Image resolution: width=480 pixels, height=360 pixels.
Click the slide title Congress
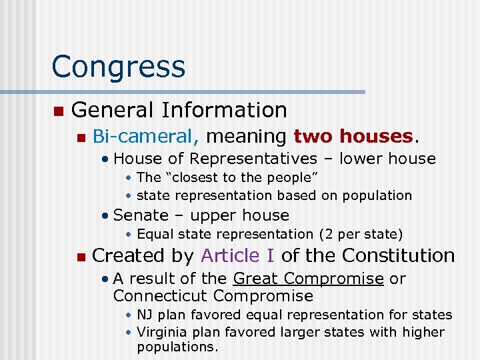point(118,67)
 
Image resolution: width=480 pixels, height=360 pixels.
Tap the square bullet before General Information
point(58,110)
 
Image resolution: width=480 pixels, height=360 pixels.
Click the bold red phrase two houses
point(353,137)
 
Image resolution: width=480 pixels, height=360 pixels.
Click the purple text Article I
point(238,255)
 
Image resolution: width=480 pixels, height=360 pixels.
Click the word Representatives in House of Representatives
point(254,159)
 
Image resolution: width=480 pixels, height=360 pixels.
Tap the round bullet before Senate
point(105,216)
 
